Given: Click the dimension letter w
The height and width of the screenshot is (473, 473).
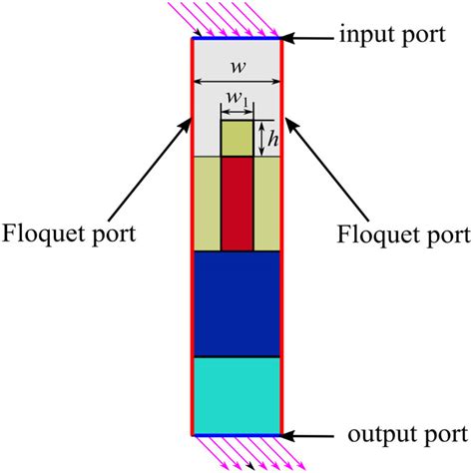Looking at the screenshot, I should pos(236,68).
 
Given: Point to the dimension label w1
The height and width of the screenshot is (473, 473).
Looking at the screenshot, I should pos(236,98).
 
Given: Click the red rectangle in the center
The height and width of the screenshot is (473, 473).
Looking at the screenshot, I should pos(236,204).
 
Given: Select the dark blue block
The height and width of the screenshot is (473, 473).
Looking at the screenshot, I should pos(236,303).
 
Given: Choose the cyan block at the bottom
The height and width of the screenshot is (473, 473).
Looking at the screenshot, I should pos(236,394).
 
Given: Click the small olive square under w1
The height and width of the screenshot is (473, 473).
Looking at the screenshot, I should pos(236,139).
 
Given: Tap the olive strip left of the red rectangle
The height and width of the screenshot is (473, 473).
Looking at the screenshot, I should pos(207,204).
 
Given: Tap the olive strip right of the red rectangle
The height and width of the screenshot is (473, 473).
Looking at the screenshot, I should pos(266,204).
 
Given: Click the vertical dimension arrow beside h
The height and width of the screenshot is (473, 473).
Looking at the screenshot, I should pos(259,139).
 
